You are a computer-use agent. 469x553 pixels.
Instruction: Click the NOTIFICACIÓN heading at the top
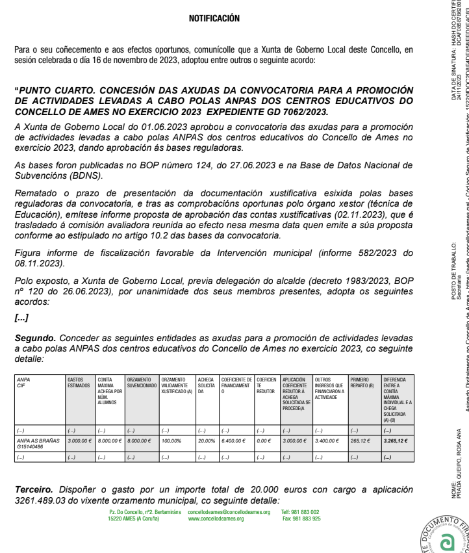click(x=214, y=19)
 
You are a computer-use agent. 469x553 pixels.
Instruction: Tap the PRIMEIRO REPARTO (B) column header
click(x=362, y=399)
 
